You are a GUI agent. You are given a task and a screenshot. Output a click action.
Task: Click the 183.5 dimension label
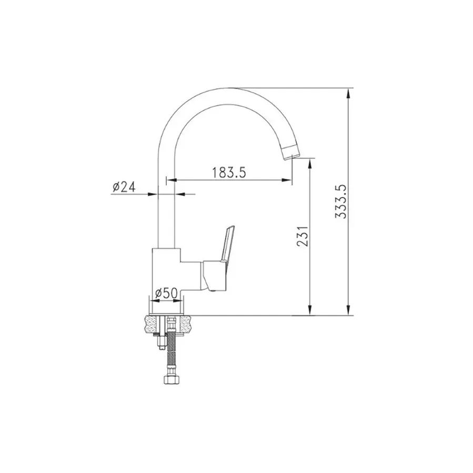click(229, 173)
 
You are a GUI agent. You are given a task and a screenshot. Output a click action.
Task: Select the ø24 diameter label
click(124, 187)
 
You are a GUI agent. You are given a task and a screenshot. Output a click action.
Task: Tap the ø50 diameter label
click(166, 293)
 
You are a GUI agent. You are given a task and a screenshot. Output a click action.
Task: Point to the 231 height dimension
click(303, 236)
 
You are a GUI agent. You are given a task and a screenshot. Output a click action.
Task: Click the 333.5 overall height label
click(341, 202)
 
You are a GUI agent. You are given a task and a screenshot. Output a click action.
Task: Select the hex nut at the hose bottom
click(169, 379)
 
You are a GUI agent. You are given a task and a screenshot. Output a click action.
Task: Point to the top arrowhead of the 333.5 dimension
click(348, 93)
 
